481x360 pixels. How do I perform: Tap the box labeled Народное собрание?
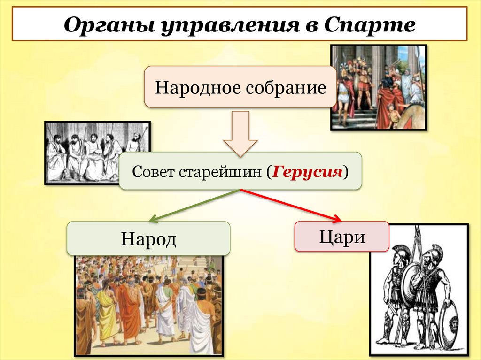[240, 87]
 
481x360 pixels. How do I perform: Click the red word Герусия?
[307, 171]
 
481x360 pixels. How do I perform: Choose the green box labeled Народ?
[148, 238]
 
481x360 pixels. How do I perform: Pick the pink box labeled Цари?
[341, 237]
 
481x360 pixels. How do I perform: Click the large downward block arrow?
[240, 134]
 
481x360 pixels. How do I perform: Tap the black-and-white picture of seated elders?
[94, 153]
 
